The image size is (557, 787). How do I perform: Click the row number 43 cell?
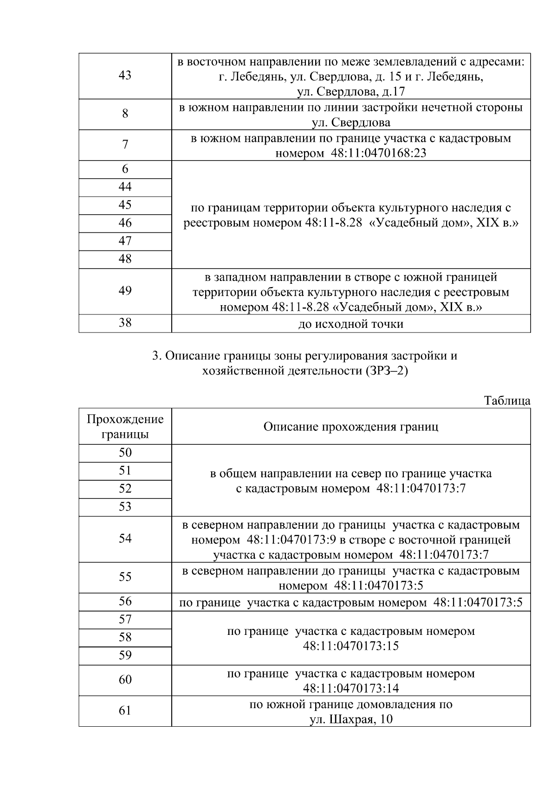[125, 76]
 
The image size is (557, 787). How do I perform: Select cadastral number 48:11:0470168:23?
[379, 153]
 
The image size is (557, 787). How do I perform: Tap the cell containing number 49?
[125, 291]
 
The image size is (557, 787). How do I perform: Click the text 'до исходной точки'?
[350, 324]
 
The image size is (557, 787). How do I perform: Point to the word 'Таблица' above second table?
[507, 401]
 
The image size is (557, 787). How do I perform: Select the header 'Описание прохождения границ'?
[350, 427]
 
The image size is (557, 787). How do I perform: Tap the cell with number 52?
[125, 489]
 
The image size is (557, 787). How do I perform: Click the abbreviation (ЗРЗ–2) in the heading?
[383, 371]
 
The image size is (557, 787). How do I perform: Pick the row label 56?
[125, 601]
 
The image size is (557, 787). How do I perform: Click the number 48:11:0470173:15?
[350, 646]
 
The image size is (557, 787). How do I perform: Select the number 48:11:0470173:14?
[350, 688]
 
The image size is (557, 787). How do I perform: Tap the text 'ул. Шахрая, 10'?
[350, 719]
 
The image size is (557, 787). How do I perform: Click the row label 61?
[125, 710]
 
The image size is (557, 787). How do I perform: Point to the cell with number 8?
[125, 114]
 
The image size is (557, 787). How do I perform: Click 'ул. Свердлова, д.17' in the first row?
[350, 91]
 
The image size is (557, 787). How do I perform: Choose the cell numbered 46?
[125, 223]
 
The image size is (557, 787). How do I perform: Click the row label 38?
[125, 323]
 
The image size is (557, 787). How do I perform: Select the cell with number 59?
[125, 655]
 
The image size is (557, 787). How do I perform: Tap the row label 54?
[125, 538]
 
